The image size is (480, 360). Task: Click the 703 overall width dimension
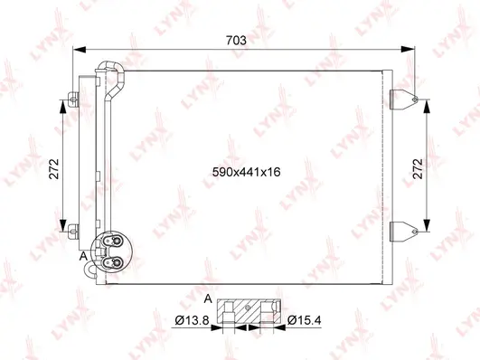tap(239, 40)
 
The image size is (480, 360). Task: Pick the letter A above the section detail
tap(208, 298)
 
